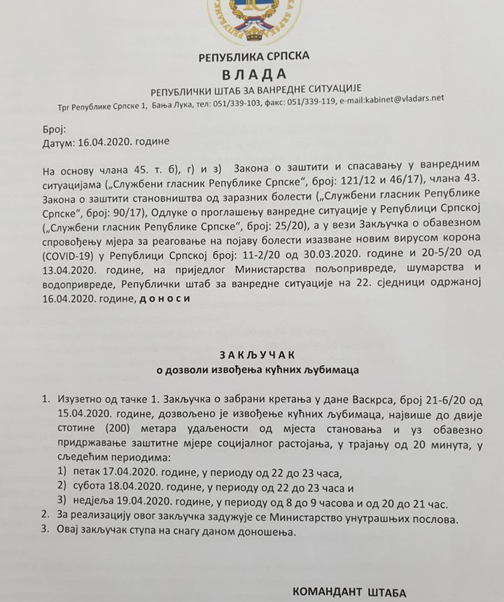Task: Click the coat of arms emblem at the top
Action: coord(253,17)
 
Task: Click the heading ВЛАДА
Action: coord(254,74)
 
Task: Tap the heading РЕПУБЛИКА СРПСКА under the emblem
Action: coord(253,56)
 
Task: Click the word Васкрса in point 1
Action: coord(370,400)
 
